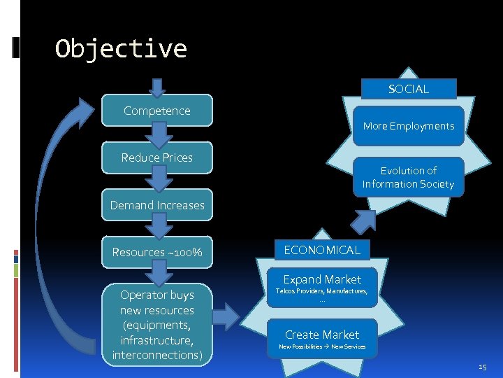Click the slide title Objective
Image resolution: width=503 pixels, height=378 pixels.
click(121, 49)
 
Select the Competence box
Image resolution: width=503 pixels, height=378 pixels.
click(156, 111)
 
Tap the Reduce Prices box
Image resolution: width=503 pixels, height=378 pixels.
click(156, 157)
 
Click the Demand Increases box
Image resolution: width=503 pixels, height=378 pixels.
click(156, 205)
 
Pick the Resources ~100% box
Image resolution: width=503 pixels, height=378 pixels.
click(156, 252)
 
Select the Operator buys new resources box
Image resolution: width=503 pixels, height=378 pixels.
click(156, 325)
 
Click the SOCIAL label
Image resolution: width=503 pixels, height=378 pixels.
click(409, 89)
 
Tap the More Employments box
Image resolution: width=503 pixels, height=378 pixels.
click(409, 126)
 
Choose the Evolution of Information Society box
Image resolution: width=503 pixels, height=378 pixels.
click(409, 177)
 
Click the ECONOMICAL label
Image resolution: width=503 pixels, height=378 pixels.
click(322, 250)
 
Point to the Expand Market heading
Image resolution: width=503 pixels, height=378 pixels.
click(322, 279)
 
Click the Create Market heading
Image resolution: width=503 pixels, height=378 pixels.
click(322, 335)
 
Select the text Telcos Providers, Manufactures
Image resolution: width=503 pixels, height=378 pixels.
click(322, 291)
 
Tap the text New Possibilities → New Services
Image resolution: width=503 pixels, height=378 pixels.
click(322, 346)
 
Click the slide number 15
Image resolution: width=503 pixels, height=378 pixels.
click(482, 366)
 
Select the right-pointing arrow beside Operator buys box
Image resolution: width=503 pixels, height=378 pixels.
click(225, 316)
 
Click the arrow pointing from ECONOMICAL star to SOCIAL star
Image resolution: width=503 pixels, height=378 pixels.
click(363, 221)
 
